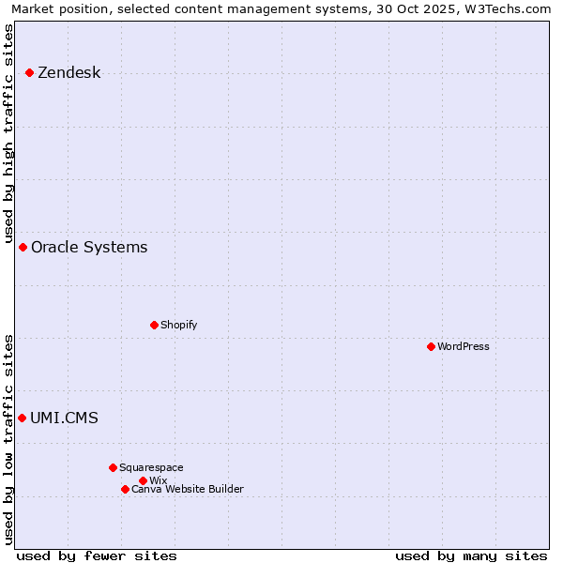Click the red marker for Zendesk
pyautogui.click(x=29, y=72)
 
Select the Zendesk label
pyautogui.click(x=68, y=73)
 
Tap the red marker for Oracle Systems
pyautogui.click(x=23, y=247)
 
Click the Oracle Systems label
pyautogui.click(x=89, y=248)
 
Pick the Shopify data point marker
pyautogui.click(x=154, y=325)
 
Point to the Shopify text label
pyautogui.click(x=178, y=326)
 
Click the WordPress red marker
pyautogui.click(x=431, y=346)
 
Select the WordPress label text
pyautogui.click(x=463, y=347)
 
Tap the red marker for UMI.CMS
pyautogui.click(x=22, y=418)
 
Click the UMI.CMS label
pyautogui.click(x=64, y=418)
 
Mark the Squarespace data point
pyautogui.click(x=113, y=467)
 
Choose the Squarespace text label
pyautogui.click(x=151, y=468)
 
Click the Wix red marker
pyautogui.click(x=143, y=480)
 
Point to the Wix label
pyautogui.click(x=158, y=481)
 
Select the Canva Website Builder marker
pyautogui.click(x=125, y=489)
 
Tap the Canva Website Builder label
pyautogui.click(x=187, y=490)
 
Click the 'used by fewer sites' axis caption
pyautogui.click(x=97, y=555)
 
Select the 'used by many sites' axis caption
pyautogui.click(x=471, y=555)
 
